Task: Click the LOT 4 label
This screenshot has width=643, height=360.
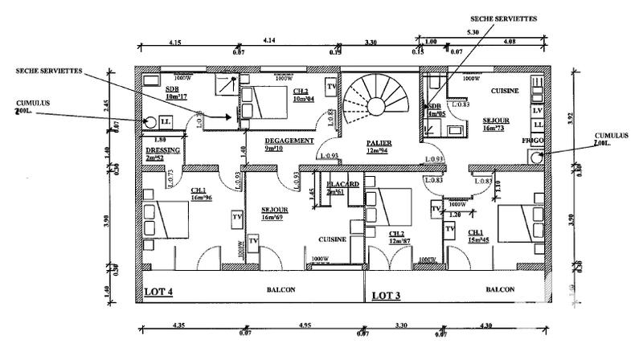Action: pos(158,292)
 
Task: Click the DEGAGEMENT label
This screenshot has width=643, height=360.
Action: pos(289,140)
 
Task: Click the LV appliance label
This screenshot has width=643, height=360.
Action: pos(537,109)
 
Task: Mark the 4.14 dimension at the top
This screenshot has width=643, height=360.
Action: pos(269,40)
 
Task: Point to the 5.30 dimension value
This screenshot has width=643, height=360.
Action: pos(472,32)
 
